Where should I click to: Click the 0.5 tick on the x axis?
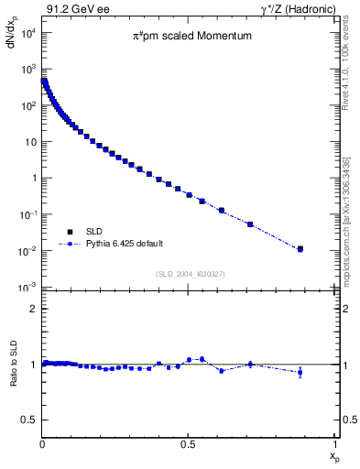(188, 443)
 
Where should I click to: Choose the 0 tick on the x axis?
(42, 443)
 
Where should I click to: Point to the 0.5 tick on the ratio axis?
(30, 420)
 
